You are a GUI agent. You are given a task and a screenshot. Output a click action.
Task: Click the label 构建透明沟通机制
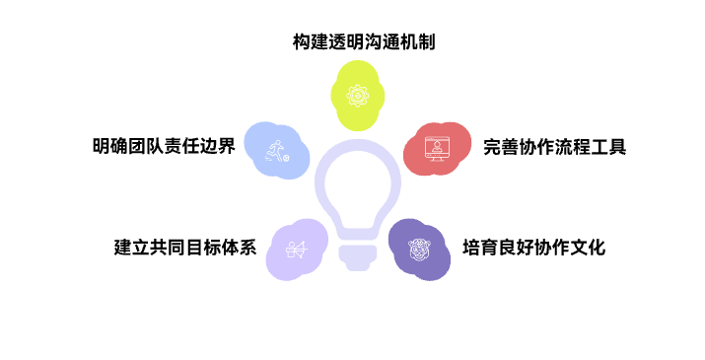pyautogui.click(x=364, y=42)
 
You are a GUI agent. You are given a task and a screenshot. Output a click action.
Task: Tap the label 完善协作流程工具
pyautogui.click(x=554, y=148)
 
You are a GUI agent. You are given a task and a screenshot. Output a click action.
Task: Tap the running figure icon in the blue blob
pyautogui.click(x=276, y=150)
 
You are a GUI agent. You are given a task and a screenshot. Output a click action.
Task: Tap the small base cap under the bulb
pyautogui.click(x=358, y=259)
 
